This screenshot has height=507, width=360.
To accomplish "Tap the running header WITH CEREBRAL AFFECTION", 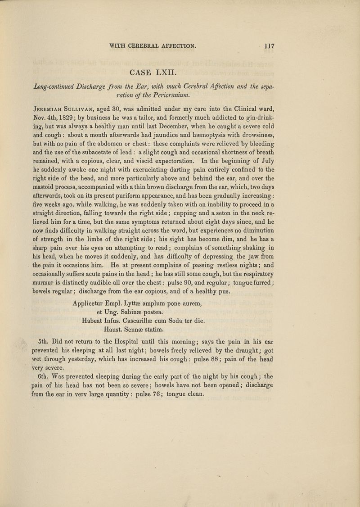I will tap(154, 45).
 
